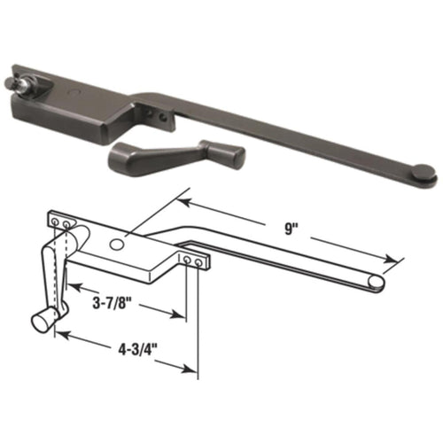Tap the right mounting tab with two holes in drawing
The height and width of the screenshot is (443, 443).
pos(196,260)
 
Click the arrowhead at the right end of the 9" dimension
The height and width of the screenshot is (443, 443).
pos(392,263)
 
